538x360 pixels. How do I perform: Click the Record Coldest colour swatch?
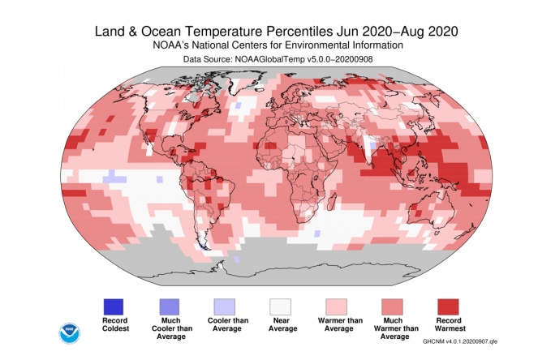click(113, 306)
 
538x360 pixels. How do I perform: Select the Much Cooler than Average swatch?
click(168, 306)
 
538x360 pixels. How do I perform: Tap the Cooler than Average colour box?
click(223, 306)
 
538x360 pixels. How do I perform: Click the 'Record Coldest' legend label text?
click(113, 326)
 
